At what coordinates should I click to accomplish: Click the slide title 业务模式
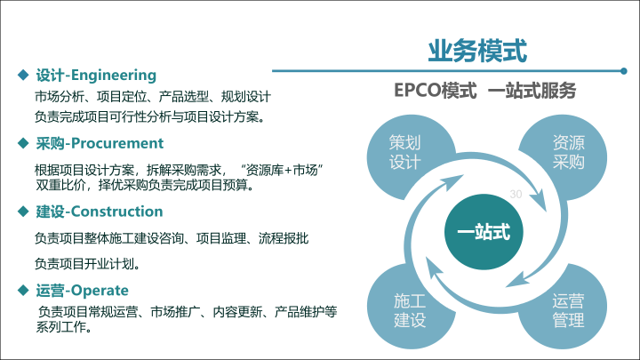point(477,51)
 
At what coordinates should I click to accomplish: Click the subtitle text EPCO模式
point(435,90)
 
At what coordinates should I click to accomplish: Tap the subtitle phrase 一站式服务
point(532,90)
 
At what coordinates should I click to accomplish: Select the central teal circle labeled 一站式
point(484,232)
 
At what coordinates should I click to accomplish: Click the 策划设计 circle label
point(404,152)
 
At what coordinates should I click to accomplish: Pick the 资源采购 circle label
point(568,152)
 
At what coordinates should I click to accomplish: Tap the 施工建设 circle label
point(410,310)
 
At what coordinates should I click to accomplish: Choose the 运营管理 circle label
point(568,310)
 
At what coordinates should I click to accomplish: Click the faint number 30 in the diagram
point(516,195)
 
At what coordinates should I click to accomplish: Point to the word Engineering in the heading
point(114,76)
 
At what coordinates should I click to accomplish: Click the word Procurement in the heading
point(117,143)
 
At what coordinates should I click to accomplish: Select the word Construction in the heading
point(116,212)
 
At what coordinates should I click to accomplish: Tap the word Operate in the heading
point(100,291)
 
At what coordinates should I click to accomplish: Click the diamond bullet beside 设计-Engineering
point(23,75)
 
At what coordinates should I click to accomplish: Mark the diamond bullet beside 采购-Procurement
point(23,143)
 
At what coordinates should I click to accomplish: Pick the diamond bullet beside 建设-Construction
point(23,211)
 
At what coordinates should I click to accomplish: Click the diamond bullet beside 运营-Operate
point(23,290)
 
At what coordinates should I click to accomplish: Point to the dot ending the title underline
point(624,71)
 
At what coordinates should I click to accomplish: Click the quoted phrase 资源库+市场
point(282,170)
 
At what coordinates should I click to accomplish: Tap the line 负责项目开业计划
point(87,264)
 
